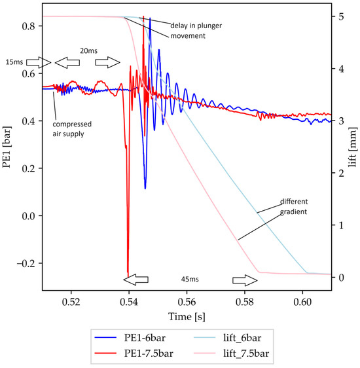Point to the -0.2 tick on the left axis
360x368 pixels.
[24, 263]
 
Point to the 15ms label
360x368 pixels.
[13, 62]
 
